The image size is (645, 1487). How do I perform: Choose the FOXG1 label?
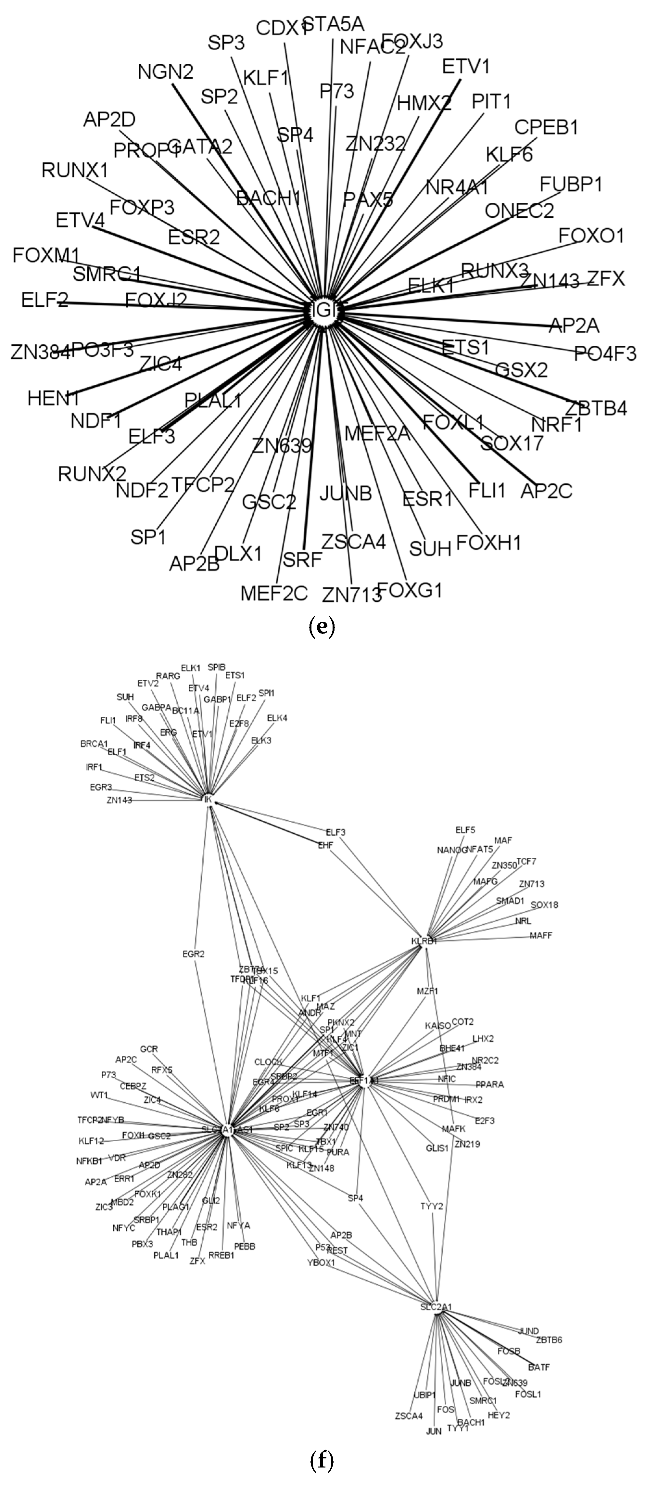coord(410,590)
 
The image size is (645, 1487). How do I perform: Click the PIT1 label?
coord(491,102)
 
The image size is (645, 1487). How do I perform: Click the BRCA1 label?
coord(94,744)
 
